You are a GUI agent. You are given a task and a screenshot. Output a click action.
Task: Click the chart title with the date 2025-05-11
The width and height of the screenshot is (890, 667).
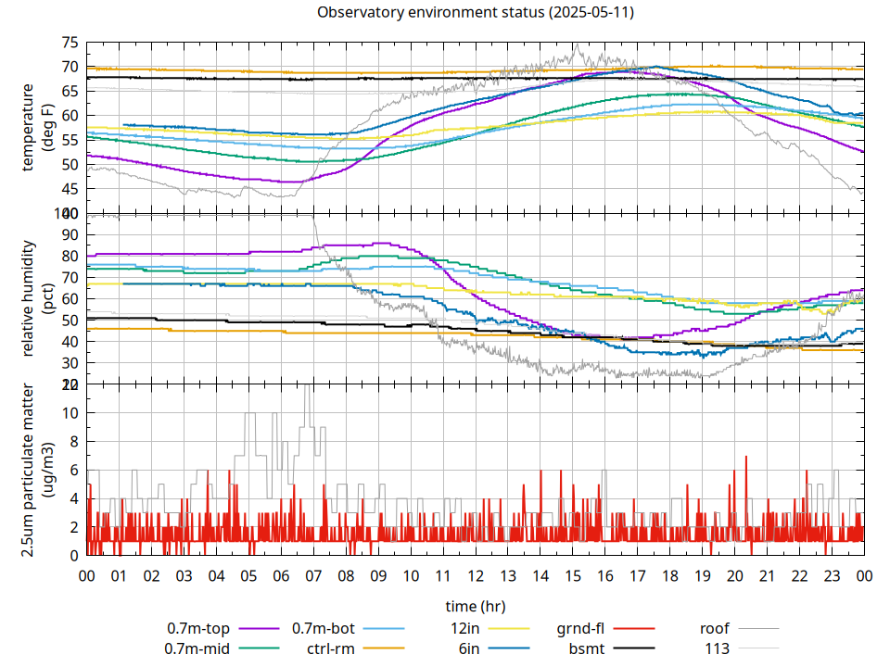pos(476,13)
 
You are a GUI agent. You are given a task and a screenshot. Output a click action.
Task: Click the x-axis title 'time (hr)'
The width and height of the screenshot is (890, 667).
pos(476,606)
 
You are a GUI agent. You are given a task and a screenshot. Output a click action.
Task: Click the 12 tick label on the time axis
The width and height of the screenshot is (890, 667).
pos(475,575)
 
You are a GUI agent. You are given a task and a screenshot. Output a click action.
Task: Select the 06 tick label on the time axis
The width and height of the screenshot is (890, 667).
pos(281,575)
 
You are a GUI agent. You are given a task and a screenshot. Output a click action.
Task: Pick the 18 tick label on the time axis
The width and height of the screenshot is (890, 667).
pos(669,575)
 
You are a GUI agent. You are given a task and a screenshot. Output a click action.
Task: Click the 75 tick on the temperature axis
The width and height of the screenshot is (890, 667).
pos(70,43)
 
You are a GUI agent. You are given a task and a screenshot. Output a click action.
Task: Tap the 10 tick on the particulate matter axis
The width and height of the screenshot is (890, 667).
pos(70,412)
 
